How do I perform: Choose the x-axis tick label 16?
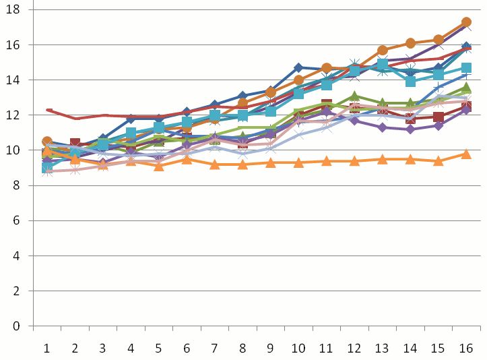click(x=466, y=348)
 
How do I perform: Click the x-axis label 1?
click(x=47, y=348)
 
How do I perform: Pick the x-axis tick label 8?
click(x=242, y=348)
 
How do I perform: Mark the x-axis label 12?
click(x=354, y=348)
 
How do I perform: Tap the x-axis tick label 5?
click(x=159, y=348)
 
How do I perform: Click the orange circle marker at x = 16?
click(x=466, y=22)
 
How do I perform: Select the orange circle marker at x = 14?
click(x=410, y=43)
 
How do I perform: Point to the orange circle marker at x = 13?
click(x=383, y=50)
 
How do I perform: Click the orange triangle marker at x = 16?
click(x=466, y=154)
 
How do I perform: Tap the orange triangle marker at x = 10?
click(x=298, y=162)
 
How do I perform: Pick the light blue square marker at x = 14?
click(x=410, y=82)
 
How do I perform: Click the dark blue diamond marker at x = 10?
click(x=298, y=67)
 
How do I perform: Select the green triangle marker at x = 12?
click(x=354, y=96)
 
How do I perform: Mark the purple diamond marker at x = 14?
click(x=410, y=129)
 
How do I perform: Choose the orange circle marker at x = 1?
click(x=47, y=142)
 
